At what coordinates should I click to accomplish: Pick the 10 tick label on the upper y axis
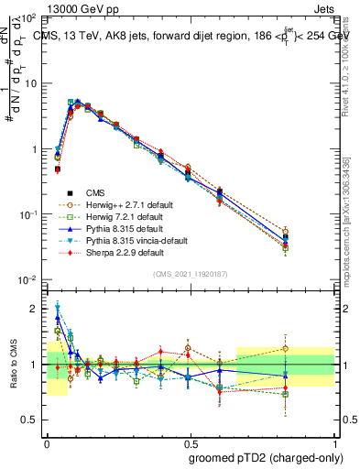31,83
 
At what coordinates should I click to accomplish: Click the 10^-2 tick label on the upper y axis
28,279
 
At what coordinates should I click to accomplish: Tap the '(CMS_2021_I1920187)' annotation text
191,274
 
